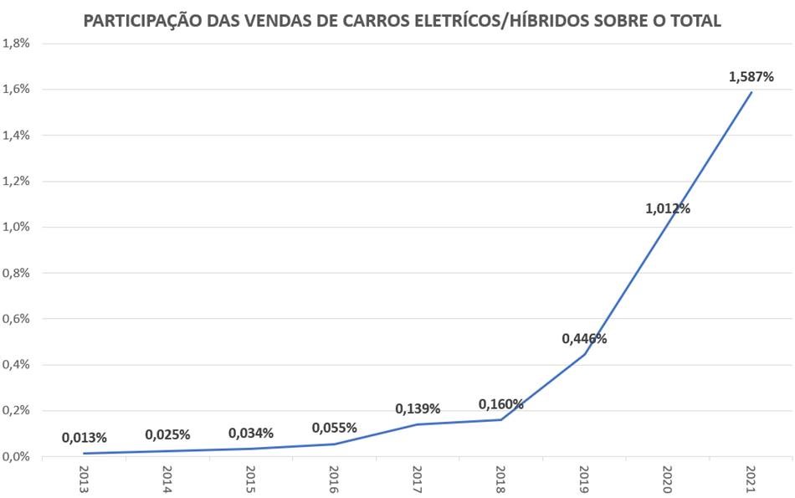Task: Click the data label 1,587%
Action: click(751, 77)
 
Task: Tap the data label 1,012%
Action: click(667, 209)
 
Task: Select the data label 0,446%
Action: click(584, 339)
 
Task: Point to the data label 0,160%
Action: click(500, 405)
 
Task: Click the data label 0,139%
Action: click(418, 409)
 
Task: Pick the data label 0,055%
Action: click(334, 429)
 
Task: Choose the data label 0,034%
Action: click(251, 434)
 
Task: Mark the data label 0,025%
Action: click(167, 435)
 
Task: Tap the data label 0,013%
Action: click(84, 438)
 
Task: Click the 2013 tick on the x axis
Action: click(84, 479)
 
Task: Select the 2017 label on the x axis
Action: click(418, 479)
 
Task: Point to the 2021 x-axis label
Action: click(751, 479)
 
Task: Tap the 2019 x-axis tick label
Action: click(584, 479)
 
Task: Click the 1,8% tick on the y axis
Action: click(17, 44)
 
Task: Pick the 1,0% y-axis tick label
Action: click(17, 227)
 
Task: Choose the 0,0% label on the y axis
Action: click(17, 457)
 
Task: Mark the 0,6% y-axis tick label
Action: click(17, 319)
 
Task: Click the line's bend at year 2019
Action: click(584, 354)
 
